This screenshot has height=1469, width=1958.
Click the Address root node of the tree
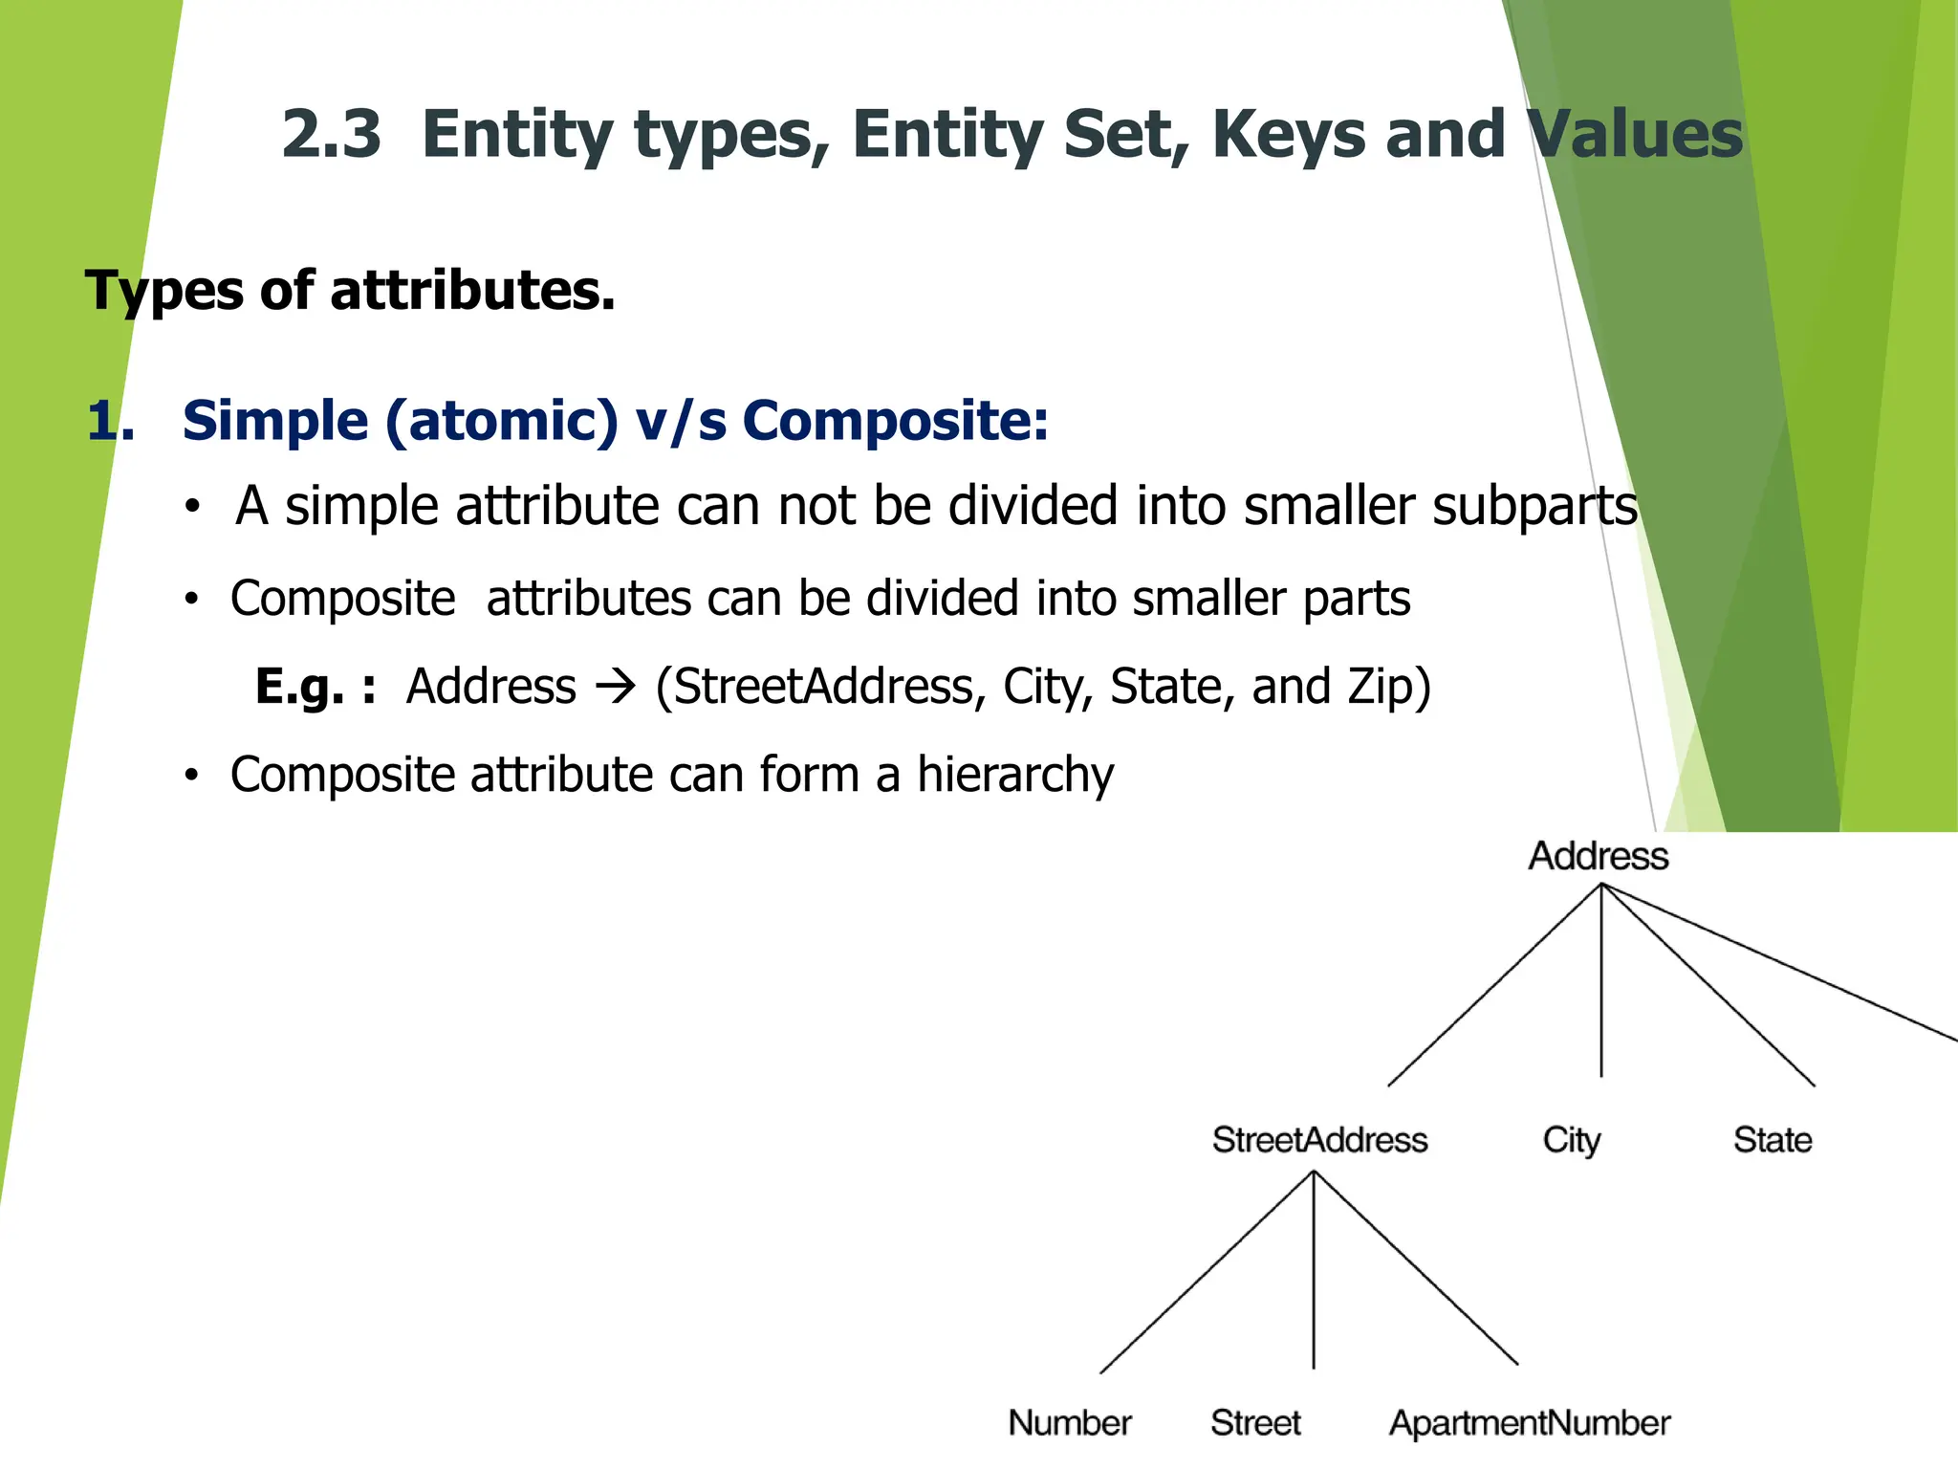pyautogui.click(x=1599, y=856)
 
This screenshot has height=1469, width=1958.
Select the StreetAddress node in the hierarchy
pyautogui.click(x=1319, y=1140)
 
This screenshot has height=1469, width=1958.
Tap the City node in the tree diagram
pyautogui.click(x=1571, y=1140)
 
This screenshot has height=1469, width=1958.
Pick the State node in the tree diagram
pyautogui.click(x=1773, y=1140)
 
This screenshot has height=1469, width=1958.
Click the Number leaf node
pyautogui.click(x=1070, y=1423)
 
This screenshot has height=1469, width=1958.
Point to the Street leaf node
pyautogui.click(x=1255, y=1423)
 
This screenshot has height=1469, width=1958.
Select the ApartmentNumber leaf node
pyautogui.click(x=1530, y=1423)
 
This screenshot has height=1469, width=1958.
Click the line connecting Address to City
pyautogui.click(x=1601, y=985)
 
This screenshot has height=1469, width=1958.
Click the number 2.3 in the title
pyautogui.click(x=331, y=134)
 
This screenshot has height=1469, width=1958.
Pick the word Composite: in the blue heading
pyautogui.click(x=895, y=421)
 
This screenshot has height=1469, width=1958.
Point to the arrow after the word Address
pyautogui.click(x=615, y=687)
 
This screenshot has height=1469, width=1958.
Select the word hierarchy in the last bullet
pyautogui.click(x=1015, y=775)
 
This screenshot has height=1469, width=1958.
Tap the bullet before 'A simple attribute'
pyautogui.click(x=193, y=507)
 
